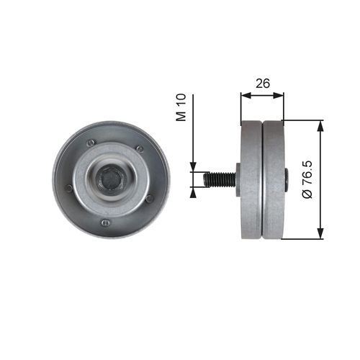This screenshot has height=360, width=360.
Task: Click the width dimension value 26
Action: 262,84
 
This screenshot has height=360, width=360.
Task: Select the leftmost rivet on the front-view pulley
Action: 69,188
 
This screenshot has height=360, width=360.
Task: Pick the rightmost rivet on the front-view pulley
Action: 148,198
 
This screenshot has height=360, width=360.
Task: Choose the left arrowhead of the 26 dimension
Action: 244,94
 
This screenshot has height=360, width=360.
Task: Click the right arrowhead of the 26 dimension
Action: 281,94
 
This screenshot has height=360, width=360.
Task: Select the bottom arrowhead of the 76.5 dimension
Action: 320,234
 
